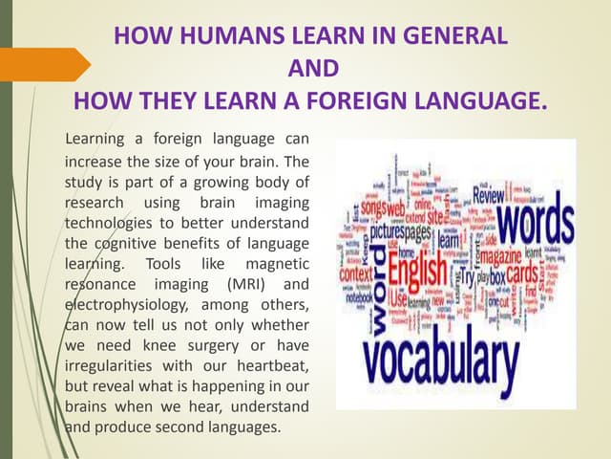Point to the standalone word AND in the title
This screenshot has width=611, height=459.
tap(313, 69)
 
